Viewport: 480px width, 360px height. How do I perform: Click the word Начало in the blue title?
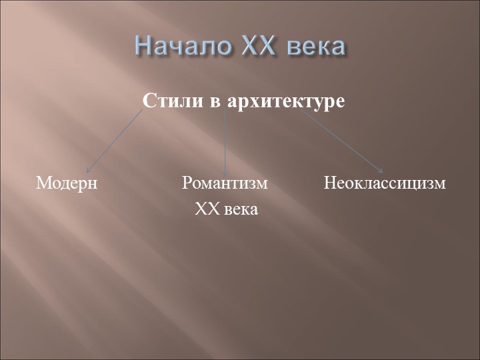click(x=183, y=46)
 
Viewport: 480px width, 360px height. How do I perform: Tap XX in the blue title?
click(x=257, y=46)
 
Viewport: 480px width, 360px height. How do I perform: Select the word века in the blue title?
click(x=317, y=47)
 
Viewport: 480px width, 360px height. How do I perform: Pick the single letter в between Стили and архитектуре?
click(x=215, y=103)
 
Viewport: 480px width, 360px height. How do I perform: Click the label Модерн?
click(x=67, y=184)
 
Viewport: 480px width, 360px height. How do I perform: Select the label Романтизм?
click(x=225, y=183)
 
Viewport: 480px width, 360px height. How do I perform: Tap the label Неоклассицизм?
click(x=385, y=184)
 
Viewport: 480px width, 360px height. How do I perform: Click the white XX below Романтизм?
click(x=207, y=209)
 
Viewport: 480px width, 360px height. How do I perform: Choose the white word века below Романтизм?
click(x=241, y=211)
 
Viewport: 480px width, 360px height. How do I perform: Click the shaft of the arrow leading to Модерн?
click(x=115, y=141)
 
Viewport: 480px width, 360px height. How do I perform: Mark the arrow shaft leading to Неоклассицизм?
click(x=341, y=141)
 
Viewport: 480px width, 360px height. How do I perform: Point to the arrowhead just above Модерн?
click(x=88, y=170)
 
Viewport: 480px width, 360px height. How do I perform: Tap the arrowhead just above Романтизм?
click(x=225, y=173)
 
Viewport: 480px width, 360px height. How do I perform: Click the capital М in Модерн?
click(x=43, y=183)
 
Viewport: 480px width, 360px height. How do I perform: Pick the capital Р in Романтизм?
click(x=187, y=183)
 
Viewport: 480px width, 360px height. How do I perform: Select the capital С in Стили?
click(x=148, y=101)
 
